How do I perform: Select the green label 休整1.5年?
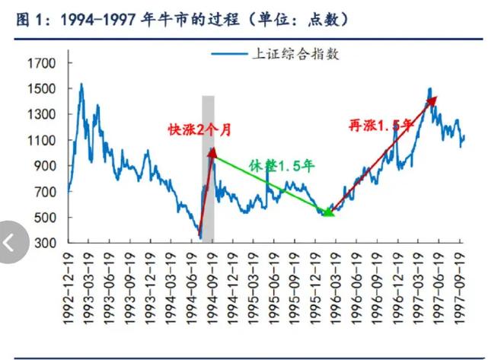point(282,164)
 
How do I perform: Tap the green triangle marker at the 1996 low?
point(328,212)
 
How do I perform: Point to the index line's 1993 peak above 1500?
point(81,84)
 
